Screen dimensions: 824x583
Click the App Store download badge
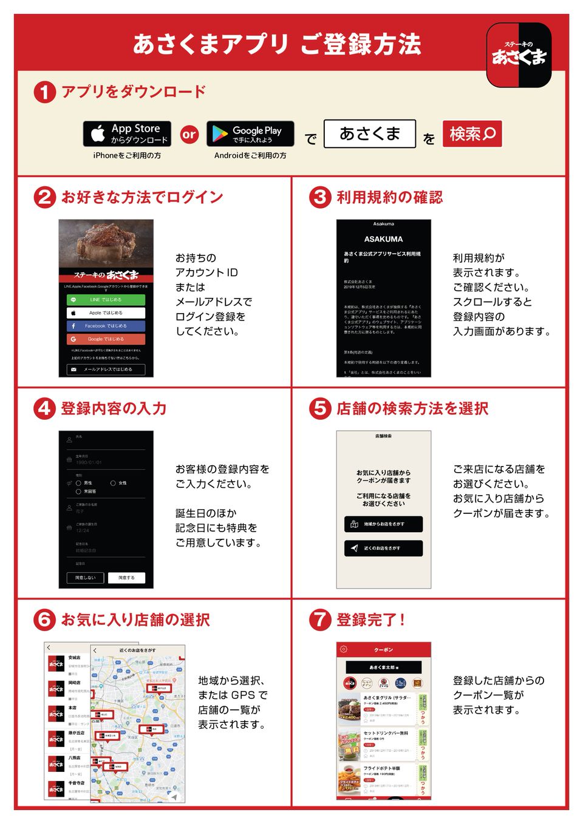pyautogui.click(x=127, y=134)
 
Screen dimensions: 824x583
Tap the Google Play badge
pyautogui.click(x=250, y=134)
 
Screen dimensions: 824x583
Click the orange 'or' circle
pyautogui.click(x=189, y=134)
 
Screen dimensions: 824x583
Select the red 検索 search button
pyautogui.click(x=472, y=133)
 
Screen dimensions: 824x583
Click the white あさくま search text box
pyautogui.click(x=369, y=133)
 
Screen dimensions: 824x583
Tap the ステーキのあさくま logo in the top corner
pyautogui.click(x=519, y=55)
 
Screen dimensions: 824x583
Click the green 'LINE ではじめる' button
pyautogui.click(x=106, y=300)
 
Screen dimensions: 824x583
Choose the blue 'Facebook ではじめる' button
pyautogui.click(x=106, y=326)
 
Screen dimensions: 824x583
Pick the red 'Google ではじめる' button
pyautogui.click(x=106, y=339)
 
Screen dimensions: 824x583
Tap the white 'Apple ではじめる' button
pyautogui.click(x=106, y=313)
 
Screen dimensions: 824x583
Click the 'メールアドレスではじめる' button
pyautogui.click(x=106, y=369)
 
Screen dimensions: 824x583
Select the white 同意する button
pyautogui.click(x=126, y=578)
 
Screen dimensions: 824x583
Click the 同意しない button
pyautogui.click(x=85, y=578)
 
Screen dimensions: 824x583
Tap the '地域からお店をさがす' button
pyautogui.click(x=383, y=524)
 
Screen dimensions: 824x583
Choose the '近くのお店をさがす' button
pyautogui.click(x=383, y=548)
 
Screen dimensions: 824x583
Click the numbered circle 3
pyautogui.click(x=320, y=197)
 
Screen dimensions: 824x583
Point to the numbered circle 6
pyautogui.click(x=44, y=620)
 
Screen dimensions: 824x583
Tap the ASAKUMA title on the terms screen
pyautogui.click(x=383, y=239)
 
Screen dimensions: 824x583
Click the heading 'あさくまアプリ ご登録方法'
pyautogui.click(x=277, y=44)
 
